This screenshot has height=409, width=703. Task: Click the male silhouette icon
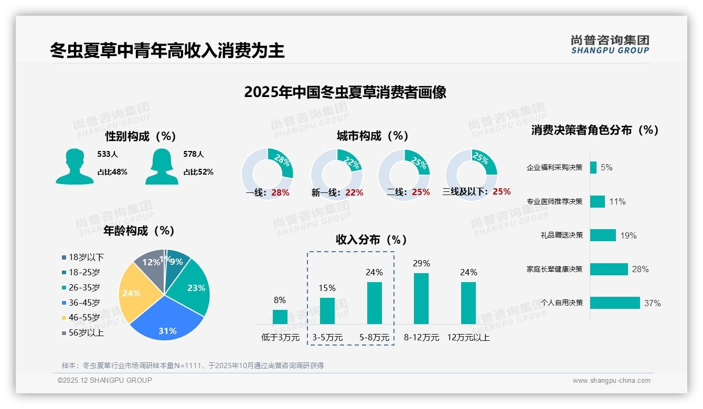coord(74,166)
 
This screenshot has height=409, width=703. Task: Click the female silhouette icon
coord(162,166)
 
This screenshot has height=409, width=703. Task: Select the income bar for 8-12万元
coord(421,298)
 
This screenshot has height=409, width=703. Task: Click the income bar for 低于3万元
coord(280,317)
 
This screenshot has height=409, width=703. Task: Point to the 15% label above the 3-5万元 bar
coord(327,288)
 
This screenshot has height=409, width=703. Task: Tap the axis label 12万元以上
coord(468,338)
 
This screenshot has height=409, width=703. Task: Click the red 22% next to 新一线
coord(354,193)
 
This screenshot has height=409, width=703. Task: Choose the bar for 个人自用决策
coord(615,303)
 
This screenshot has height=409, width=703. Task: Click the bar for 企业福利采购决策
coord(593,167)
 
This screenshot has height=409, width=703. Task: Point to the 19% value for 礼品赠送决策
coord(628,235)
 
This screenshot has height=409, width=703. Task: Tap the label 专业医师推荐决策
coord(555,201)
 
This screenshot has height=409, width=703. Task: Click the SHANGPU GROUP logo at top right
coord(610,45)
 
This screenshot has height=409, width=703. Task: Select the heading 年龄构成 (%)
coord(139,231)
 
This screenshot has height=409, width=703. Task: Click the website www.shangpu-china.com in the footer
coord(611,381)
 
